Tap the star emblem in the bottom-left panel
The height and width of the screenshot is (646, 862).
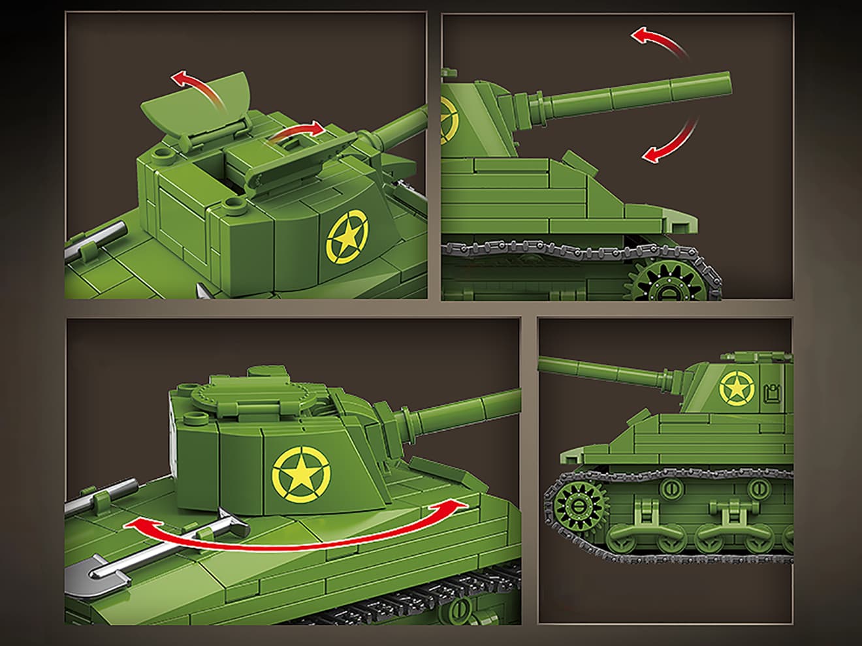point(301,472)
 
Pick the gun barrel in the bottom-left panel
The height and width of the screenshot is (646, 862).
point(457,407)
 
